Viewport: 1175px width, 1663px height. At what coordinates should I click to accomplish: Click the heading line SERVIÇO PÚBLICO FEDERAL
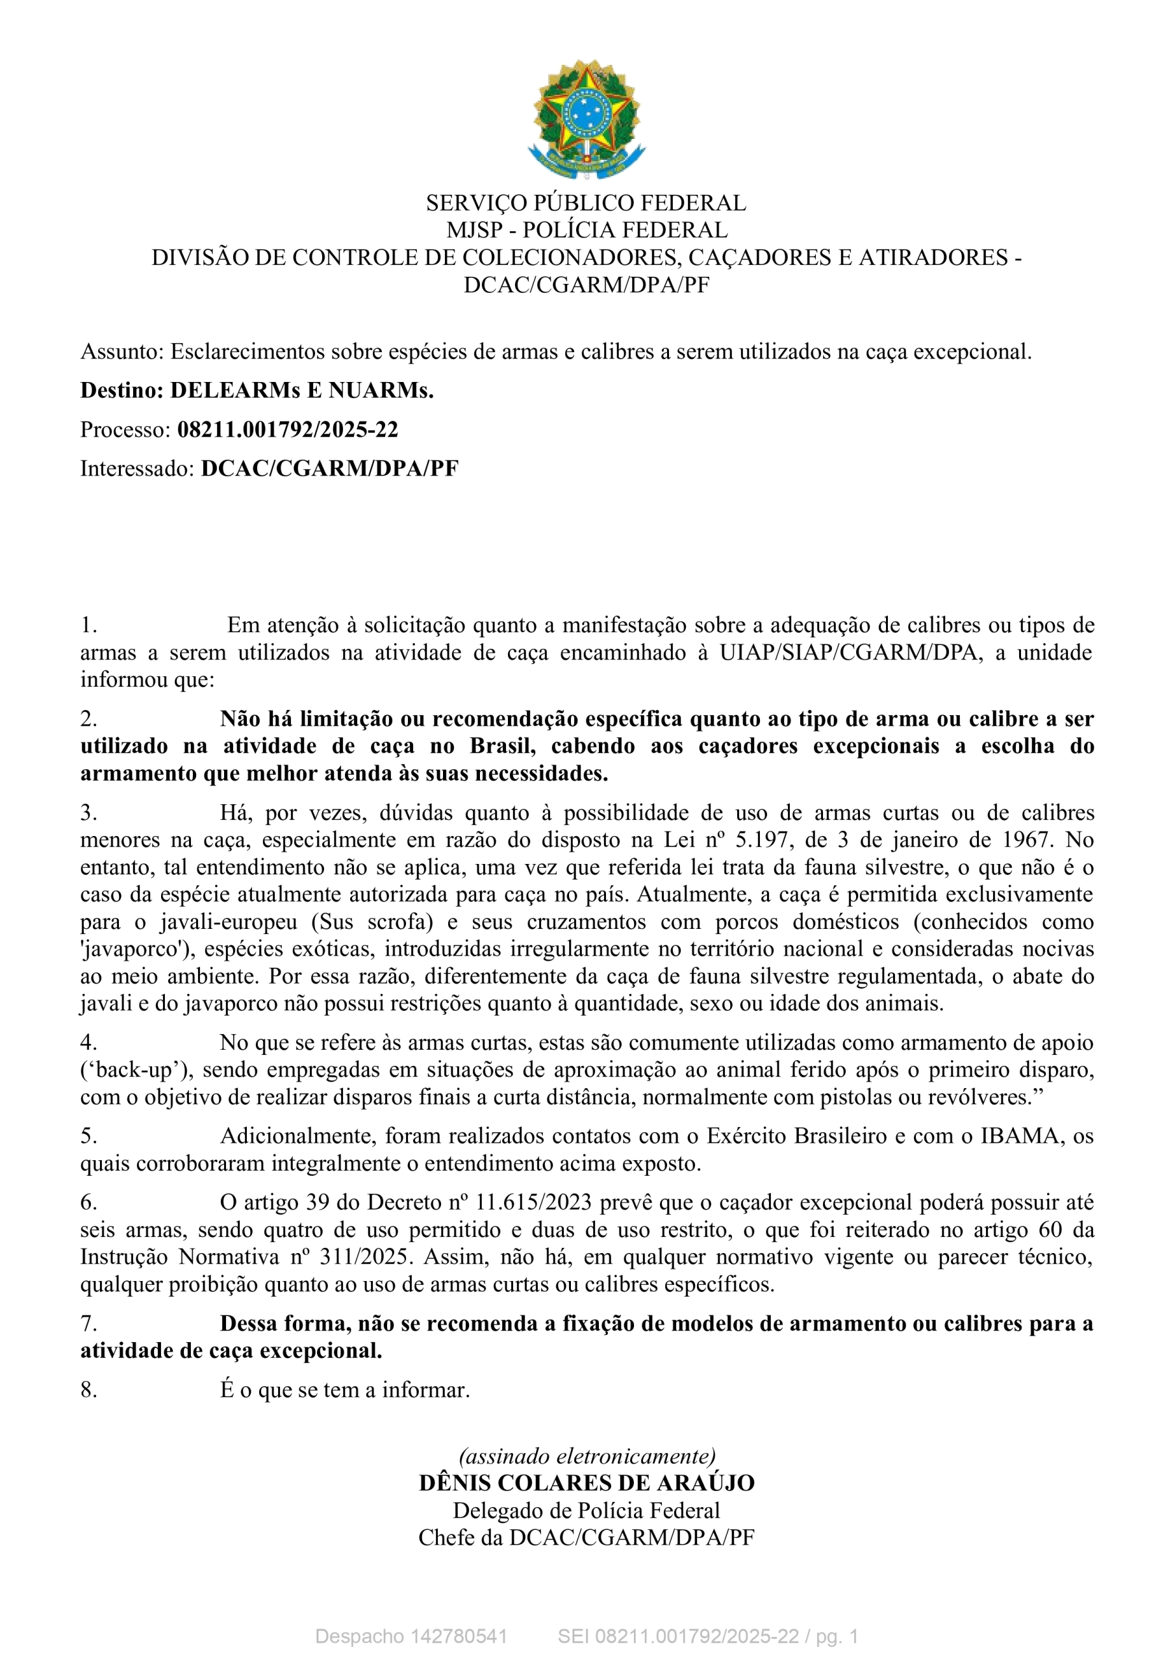pos(586,203)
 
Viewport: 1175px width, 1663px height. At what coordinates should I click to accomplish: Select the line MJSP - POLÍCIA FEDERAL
pos(586,231)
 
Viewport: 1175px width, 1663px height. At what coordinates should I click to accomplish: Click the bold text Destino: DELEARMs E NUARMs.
pos(257,391)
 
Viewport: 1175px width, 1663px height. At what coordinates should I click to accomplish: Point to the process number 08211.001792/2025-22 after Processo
pos(288,430)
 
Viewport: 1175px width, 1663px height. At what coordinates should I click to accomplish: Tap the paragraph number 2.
pos(88,719)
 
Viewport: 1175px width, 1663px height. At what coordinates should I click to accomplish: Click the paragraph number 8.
pos(88,1390)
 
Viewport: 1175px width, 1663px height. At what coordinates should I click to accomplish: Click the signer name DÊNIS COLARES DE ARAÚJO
pos(587,1483)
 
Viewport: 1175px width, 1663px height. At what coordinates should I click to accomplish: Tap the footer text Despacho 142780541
pos(411,1636)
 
